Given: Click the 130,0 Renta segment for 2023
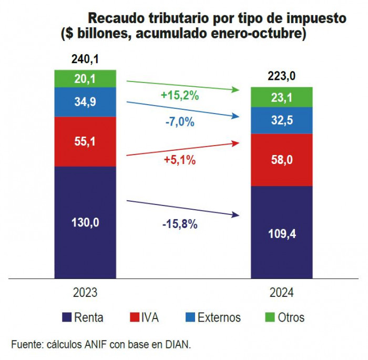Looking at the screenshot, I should point(86,222).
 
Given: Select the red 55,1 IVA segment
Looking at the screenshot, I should point(86,141).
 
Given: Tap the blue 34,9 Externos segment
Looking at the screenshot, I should point(86,102).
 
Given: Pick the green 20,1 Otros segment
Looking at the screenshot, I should point(86,78).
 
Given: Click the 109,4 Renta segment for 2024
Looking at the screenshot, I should point(281,232).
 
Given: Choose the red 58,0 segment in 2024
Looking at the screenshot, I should point(281,160).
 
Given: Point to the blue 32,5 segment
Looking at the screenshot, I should point(281,120).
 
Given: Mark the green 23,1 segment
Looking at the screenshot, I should point(281,97).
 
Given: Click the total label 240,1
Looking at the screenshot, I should point(86,59).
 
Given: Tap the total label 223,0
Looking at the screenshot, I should point(281,77).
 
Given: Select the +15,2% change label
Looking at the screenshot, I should point(179,96).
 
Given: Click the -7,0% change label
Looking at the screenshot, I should point(179,122).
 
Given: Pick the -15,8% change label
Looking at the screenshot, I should point(179,224).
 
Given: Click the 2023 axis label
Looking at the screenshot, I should point(86,292).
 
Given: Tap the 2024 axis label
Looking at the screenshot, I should point(281,293).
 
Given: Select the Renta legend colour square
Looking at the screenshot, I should point(67,317).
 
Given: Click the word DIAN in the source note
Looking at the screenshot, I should point(177,344).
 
